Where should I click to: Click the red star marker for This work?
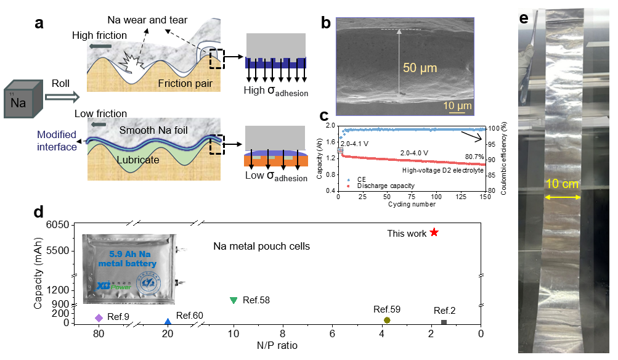tap(434, 232)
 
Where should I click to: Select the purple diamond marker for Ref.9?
tap(99, 317)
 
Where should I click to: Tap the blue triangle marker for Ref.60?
tap(168, 322)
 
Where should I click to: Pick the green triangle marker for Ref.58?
tap(234, 300)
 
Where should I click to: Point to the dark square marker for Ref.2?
tap(444, 322)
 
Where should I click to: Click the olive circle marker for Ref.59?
tap(387, 320)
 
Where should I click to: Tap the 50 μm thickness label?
tap(421, 68)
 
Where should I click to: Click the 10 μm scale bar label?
tap(457, 106)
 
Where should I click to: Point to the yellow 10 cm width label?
tap(561, 184)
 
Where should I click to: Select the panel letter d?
tap(39, 212)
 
